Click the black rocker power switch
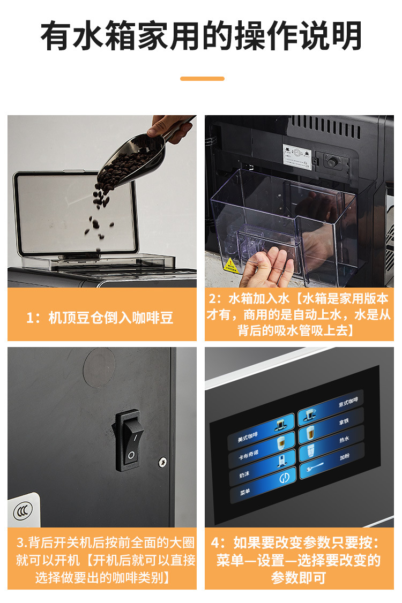pyautogui.click(x=129, y=440)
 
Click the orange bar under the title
pyautogui.click(x=202, y=79)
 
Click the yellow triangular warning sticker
pyautogui.click(x=231, y=265)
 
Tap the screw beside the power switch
pyautogui.click(x=162, y=461)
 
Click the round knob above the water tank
pyautogui.click(x=333, y=160)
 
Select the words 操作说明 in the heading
pyautogui.click(x=308, y=36)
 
